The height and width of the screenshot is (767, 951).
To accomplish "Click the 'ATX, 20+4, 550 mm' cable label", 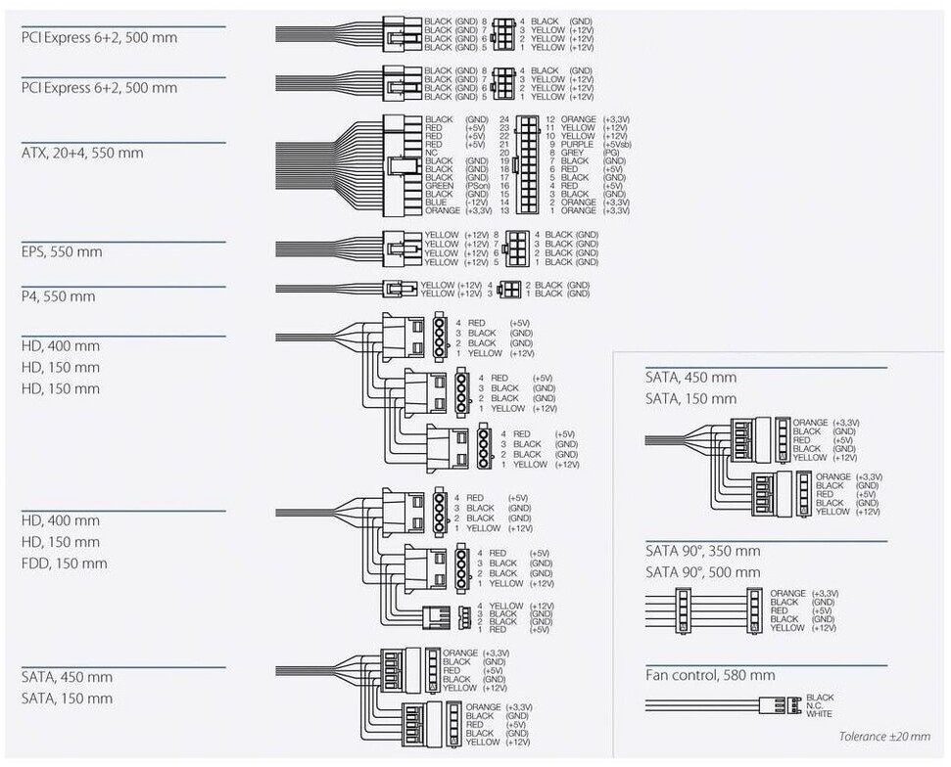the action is pyautogui.click(x=82, y=153).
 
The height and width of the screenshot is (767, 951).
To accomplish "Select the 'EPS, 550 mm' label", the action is pyautogui.click(x=62, y=251).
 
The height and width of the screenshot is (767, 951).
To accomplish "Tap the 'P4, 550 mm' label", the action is pyautogui.click(x=58, y=296).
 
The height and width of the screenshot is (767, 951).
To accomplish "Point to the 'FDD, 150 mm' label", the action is pyautogui.click(x=65, y=564).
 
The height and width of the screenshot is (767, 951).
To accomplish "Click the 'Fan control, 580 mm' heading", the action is pyautogui.click(x=710, y=675).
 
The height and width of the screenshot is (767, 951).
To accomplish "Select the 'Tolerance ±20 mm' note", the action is pyautogui.click(x=884, y=737).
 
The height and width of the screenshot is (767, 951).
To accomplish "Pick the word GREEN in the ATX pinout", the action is pyautogui.click(x=439, y=185).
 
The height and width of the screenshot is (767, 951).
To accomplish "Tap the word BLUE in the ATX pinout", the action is pyautogui.click(x=436, y=202).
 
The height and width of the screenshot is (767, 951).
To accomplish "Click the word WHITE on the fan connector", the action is pyautogui.click(x=820, y=714).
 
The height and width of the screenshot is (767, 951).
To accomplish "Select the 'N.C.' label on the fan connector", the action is pyautogui.click(x=815, y=705).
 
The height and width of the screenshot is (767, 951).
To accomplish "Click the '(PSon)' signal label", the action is pyautogui.click(x=477, y=185).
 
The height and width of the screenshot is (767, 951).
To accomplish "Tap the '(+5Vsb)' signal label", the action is pyautogui.click(x=617, y=144).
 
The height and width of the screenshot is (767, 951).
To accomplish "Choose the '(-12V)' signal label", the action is pyautogui.click(x=477, y=202).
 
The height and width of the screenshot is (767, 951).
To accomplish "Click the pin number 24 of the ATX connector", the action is pyautogui.click(x=504, y=119).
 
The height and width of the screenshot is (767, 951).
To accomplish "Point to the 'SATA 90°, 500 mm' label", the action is pyautogui.click(x=702, y=572).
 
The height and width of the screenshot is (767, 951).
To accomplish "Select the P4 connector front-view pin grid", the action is pyautogui.click(x=508, y=289).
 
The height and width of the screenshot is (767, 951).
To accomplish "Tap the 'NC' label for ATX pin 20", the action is pyautogui.click(x=431, y=153).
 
